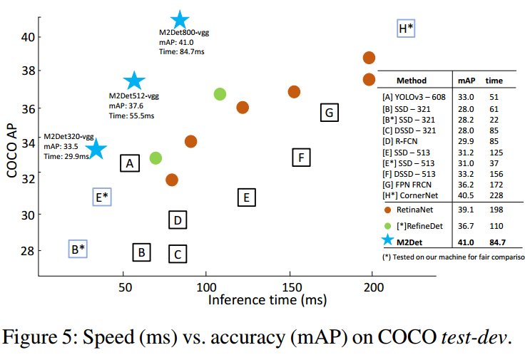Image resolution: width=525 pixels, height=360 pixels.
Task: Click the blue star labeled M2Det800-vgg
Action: (x=180, y=20)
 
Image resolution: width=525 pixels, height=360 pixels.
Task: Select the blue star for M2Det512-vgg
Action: (x=134, y=81)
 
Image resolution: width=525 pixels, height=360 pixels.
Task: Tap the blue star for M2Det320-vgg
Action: (x=96, y=149)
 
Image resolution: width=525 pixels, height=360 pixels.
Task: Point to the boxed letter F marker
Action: (x=302, y=158)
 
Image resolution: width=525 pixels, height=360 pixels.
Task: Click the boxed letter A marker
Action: (x=129, y=164)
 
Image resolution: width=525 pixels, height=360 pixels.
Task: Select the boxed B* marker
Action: (x=78, y=249)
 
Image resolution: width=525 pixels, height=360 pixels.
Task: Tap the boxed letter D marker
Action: (x=178, y=220)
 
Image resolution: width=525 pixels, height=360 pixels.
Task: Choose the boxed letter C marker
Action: (x=178, y=253)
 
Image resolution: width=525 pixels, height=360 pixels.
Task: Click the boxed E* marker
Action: (x=102, y=197)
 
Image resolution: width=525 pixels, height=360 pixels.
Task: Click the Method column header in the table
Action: (x=411, y=81)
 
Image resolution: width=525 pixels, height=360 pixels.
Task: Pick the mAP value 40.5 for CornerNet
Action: (x=466, y=194)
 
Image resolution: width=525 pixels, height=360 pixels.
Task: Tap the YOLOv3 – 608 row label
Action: (x=413, y=97)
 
